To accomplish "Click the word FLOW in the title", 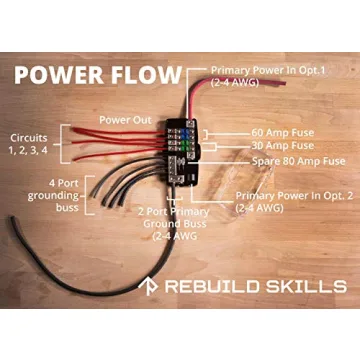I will [x=147, y=76].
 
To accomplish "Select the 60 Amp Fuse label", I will [x=290, y=132].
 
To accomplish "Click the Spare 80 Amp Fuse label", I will [x=297, y=161].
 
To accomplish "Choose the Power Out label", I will [x=125, y=119].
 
